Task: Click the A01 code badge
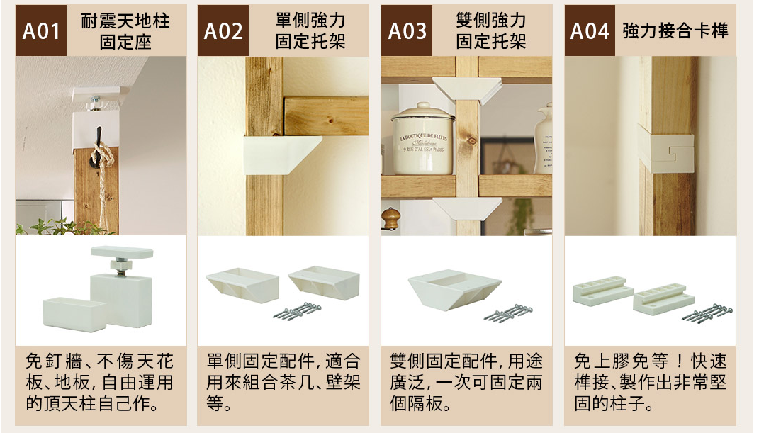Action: (40, 30)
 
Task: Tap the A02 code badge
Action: (223, 30)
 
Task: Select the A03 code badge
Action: (407, 30)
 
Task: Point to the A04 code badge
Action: (590, 30)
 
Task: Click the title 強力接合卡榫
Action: (675, 31)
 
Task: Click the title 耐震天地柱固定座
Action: (125, 31)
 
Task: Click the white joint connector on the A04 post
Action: (666, 153)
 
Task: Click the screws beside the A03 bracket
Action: (508, 313)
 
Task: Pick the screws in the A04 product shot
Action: (707, 312)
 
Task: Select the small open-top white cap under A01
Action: (74, 314)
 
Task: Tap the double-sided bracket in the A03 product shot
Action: (454, 290)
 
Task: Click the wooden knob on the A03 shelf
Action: (390, 219)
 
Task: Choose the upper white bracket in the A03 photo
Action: (467, 91)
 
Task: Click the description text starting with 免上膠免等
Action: (650, 382)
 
